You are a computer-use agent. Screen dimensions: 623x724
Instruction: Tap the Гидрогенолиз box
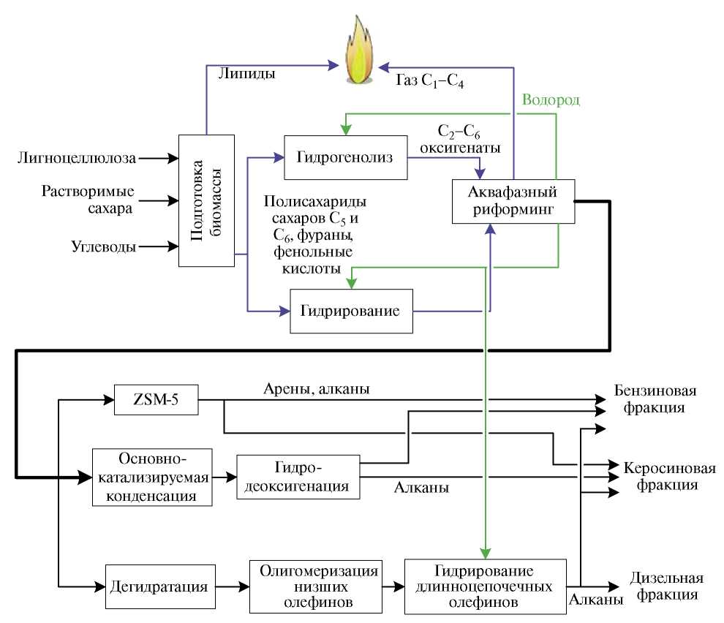345,157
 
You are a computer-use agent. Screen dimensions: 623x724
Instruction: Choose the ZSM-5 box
157,400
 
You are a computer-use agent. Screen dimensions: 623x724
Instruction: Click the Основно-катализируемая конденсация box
152,477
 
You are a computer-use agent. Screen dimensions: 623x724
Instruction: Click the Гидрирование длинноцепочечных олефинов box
486,586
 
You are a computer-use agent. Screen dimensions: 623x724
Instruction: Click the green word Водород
551,100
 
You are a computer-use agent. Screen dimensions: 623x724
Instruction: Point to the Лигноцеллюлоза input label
75,156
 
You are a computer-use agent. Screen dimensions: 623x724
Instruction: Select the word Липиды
246,74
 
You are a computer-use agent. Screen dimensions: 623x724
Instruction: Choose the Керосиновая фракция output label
660,476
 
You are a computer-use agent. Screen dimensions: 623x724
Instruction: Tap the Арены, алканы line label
316,388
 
